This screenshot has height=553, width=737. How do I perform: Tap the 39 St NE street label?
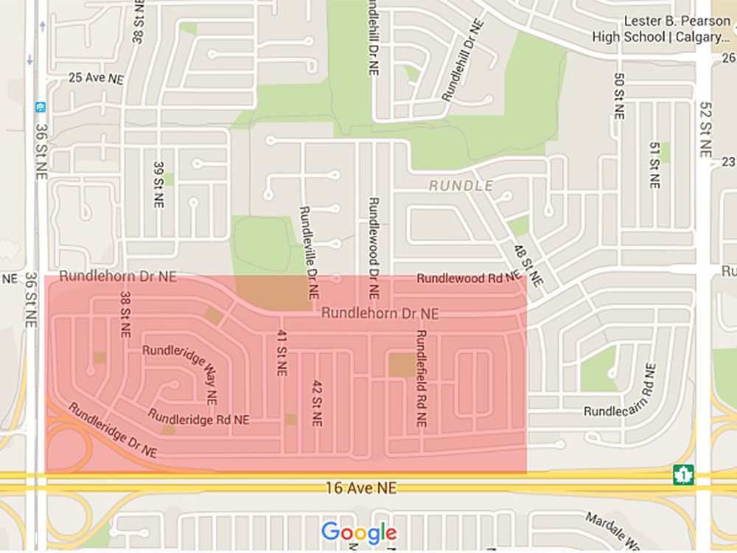coord(158,184)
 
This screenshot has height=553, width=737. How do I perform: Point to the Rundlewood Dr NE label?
coord(374,247)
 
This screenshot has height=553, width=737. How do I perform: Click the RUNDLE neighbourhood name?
coord(461,186)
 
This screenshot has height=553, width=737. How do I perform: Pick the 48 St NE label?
coord(528,265)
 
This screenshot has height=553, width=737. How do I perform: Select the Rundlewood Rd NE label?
coord(469,279)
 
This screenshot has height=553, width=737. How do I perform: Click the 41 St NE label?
coord(281,353)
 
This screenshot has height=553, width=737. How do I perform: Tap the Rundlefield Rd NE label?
coord(421,378)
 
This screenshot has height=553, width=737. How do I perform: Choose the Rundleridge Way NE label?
coord(184,365)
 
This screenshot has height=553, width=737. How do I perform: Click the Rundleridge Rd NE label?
coord(199,418)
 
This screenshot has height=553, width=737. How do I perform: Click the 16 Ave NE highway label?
coord(361,488)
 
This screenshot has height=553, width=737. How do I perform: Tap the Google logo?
coord(359,532)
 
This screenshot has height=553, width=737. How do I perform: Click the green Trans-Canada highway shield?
coord(683,475)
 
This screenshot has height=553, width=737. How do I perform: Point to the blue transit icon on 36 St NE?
coord(39,107)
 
